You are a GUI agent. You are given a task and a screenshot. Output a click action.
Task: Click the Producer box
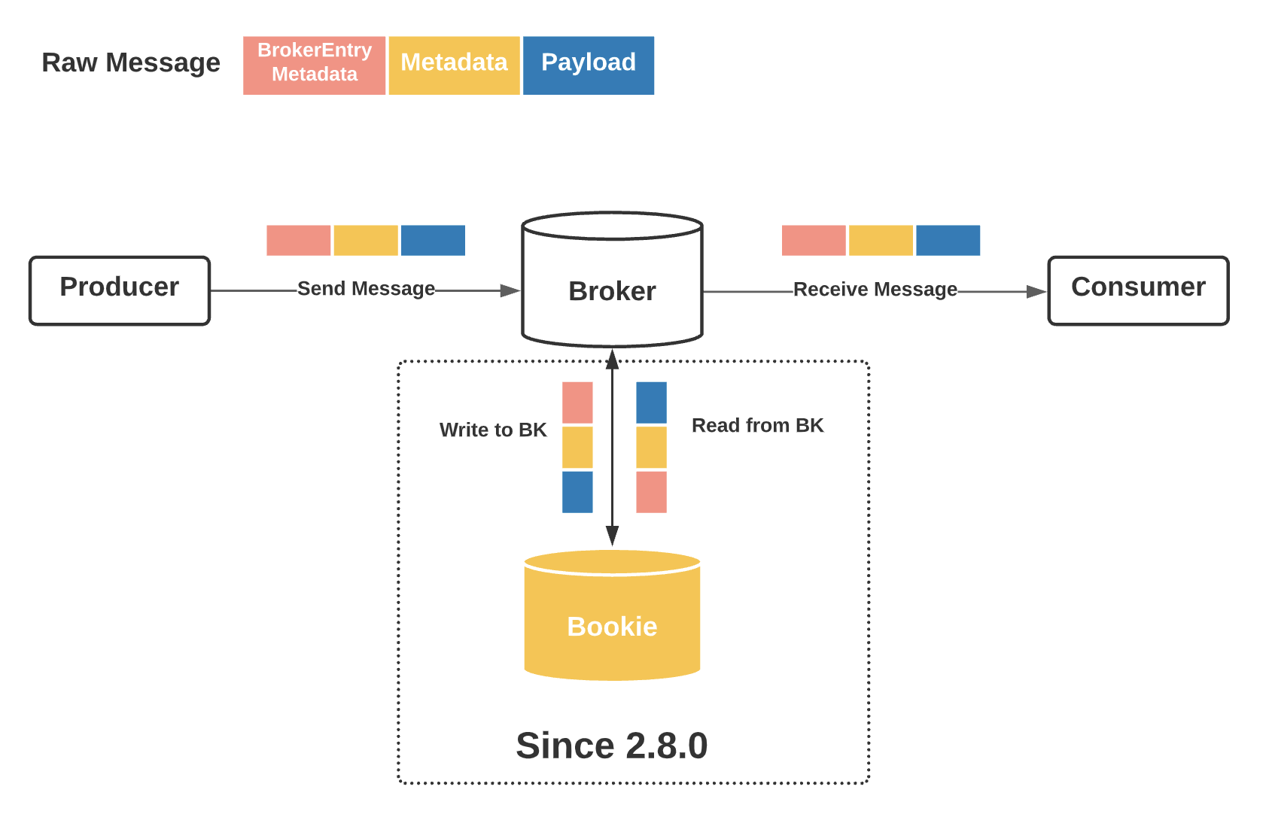click(x=119, y=290)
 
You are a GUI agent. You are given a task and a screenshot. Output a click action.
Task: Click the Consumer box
click(x=1137, y=290)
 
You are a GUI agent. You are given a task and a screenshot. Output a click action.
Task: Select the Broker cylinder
click(x=612, y=290)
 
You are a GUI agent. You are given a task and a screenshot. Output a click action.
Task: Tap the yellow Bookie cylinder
click(x=612, y=624)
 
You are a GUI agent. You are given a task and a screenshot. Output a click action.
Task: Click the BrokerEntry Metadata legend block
click(x=314, y=65)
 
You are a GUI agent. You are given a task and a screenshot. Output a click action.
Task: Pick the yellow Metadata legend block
click(x=454, y=65)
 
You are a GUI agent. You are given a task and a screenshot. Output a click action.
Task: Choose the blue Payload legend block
click(x=588, y=65)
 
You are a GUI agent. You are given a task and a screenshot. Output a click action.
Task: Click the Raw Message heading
click(x=131, y=62)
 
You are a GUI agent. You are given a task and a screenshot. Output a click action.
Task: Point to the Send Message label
click(x=366, y=289)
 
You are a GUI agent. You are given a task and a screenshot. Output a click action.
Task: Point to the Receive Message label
click(x=875, y=290)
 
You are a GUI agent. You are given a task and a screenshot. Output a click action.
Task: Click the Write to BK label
click(x=492, y=430)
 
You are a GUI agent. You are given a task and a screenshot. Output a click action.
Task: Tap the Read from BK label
click(x=757, y=426)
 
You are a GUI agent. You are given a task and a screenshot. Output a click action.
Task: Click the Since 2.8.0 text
click(x=611, y=746)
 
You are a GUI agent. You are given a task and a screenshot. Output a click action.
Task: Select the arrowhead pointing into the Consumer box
click(x=1036, y=292)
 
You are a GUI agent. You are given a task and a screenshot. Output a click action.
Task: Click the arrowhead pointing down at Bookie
click(x=612, y=535)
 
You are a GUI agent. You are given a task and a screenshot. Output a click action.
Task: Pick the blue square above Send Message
click(x=433, y=240)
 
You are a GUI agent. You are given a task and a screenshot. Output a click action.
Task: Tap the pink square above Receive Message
click(x=813, y=240)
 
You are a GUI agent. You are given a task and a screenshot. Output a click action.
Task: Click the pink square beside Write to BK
click(x=577, y=402)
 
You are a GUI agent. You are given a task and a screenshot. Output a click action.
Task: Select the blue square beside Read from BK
click(x=651, y=402)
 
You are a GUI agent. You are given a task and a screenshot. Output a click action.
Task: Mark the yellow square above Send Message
click(x=365, y=240)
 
